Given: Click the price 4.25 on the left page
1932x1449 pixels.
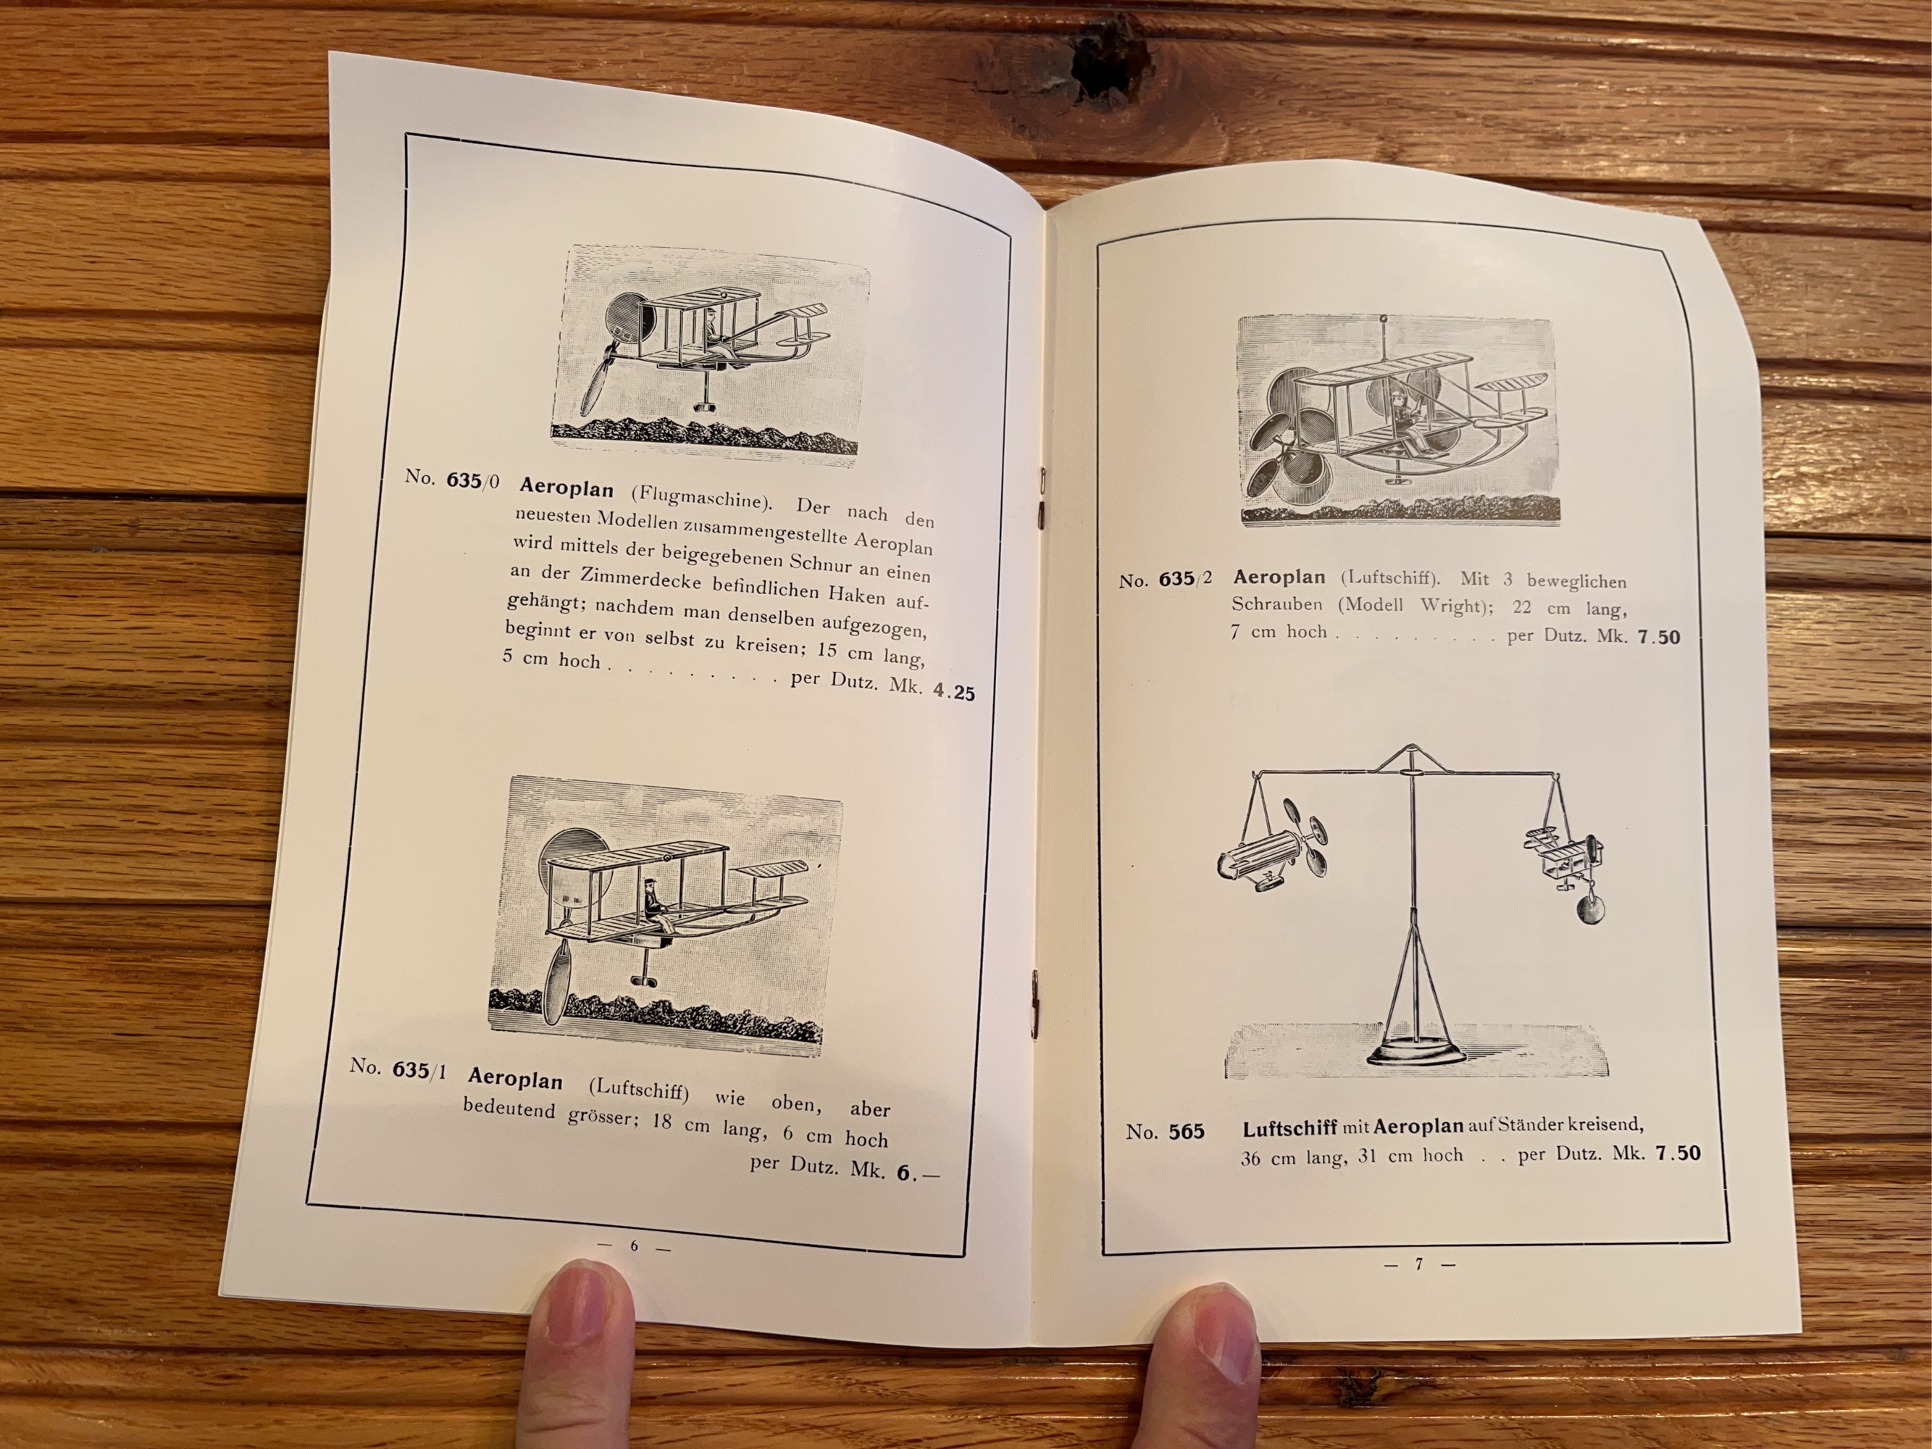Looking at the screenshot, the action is tap(953, 693).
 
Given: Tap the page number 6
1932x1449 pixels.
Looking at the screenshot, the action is tap(634, 1246).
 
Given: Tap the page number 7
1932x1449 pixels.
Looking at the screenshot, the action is tap(1420, 1264).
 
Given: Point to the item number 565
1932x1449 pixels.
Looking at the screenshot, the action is tap(1186, 1132).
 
